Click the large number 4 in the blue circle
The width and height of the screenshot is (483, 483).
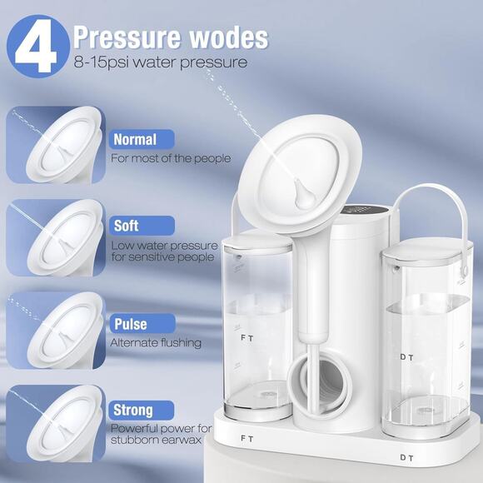[x=37, y=46]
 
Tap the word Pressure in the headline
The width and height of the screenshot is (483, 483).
[x=127, y=37]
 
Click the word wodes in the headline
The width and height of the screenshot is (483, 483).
[x=229, y=37]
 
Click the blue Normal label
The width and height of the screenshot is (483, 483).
[x=142, y=140]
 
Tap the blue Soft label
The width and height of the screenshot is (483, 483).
[x=142, y=226]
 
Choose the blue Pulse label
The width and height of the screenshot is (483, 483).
[x=142, y=324]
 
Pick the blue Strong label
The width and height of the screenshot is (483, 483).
[x=142, y=410]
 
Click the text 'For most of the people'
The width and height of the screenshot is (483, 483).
[x=171, y=158]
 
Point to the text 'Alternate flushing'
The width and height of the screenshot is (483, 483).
[x=156, y=343]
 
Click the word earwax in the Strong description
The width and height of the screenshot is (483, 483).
[x=182, y=440]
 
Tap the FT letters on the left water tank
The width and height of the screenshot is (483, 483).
[x=247, y=338]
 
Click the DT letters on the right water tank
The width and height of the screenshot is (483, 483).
[x=406, y=357]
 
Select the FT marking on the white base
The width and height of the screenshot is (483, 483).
[x=247, y=439]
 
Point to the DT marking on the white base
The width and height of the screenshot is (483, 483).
[x=406, y=458]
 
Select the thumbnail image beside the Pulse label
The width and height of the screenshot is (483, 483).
[x=56, y=331]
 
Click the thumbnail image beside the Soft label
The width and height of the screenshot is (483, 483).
[x=56, y=237]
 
